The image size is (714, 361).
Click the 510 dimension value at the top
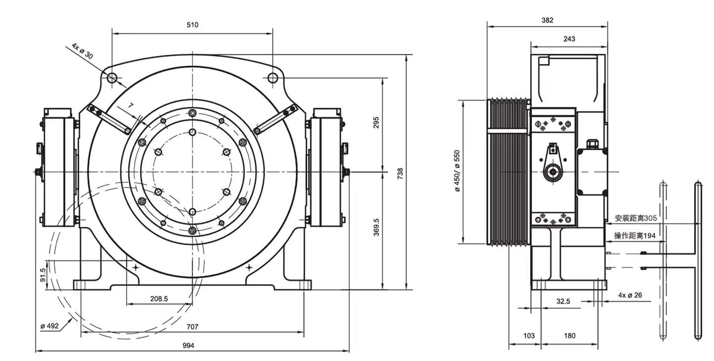pos(192,25)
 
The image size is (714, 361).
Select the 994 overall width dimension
pos(188,345)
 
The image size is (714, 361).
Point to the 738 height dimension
pos(400,174)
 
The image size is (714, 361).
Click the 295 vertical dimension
pos(376,123)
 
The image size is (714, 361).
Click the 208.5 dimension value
pos(159,299)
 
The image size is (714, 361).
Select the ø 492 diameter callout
pos(49,326)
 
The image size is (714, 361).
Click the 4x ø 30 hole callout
pos(82,51)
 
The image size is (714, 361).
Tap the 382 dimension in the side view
pos(547,20)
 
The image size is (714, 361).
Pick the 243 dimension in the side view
pos(570,39)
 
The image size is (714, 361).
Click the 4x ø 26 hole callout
pos(630,295)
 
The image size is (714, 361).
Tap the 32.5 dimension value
pos(563,301)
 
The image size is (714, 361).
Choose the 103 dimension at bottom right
pos(528,336)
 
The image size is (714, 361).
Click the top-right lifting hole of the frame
pos(273,78)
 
